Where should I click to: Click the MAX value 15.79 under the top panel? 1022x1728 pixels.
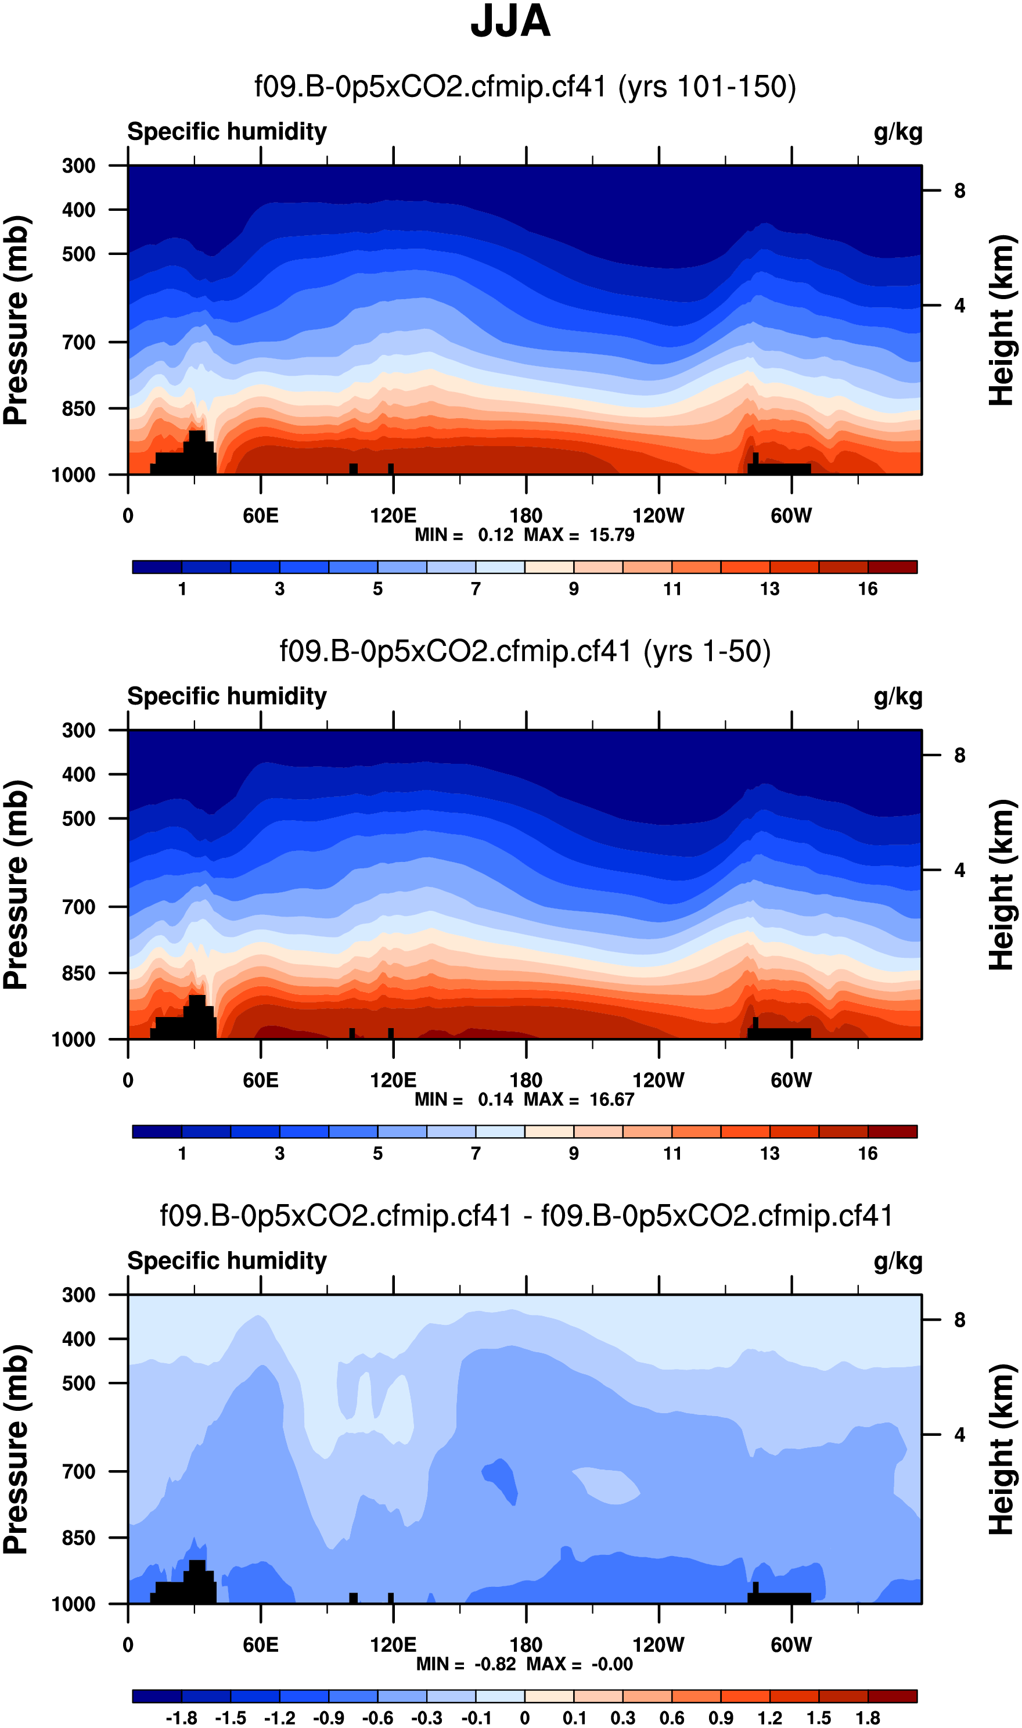[611, 535]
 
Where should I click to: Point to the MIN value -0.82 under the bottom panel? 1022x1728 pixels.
[495, 1665]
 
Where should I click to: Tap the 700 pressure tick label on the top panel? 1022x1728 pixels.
[78, 342]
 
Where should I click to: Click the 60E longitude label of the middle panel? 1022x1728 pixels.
[260, 1080]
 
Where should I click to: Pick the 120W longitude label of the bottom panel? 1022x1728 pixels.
[658, 1646]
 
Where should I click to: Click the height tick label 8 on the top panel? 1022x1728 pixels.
[959, 191]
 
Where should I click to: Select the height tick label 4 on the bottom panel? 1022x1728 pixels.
[959, 1435]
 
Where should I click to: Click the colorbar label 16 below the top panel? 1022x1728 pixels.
[868, 589]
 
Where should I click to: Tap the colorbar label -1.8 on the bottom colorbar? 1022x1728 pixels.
[181, 1718]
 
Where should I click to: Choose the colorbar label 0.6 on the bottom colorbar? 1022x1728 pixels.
[671, 1718]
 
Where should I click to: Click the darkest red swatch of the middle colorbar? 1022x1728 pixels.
[893, 1131]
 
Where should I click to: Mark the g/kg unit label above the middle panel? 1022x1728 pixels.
[897, 697]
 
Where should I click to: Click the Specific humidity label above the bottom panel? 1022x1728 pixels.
[226, 1261]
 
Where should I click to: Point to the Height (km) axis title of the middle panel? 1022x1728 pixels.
[1002, 885]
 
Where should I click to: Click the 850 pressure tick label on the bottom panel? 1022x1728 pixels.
[78, 1538]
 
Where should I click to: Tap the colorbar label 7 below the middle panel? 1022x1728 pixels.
[475, 1154]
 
